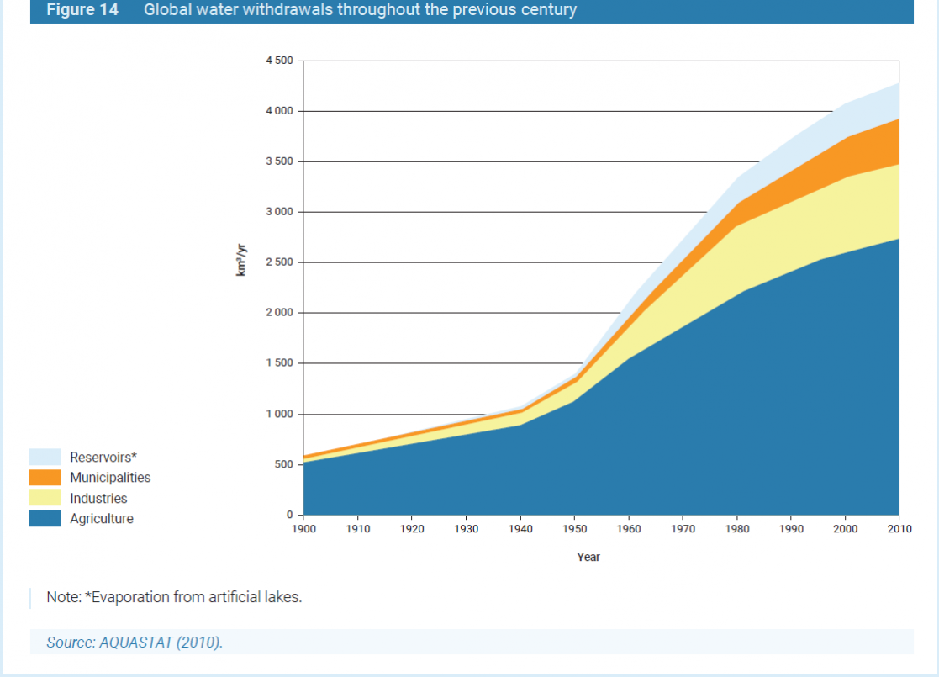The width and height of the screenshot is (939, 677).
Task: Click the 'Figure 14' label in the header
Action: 82,10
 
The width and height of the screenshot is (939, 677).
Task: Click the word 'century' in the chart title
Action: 548,10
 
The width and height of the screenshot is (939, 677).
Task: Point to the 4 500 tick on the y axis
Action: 279,61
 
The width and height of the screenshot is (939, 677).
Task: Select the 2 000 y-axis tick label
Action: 279,313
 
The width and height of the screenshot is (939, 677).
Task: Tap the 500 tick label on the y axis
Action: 284,464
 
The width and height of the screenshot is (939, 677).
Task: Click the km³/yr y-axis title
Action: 241,262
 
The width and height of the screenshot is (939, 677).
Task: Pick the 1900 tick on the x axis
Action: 303,529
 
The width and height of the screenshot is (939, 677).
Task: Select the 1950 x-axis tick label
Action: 574,529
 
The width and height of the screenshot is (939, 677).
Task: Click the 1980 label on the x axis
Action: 737,529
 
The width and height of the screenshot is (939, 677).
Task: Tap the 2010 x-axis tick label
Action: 899,529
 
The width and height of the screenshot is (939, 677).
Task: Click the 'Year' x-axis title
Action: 588,557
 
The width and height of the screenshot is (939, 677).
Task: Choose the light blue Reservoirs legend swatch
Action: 45,457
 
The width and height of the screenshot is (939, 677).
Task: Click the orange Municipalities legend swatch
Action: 45,478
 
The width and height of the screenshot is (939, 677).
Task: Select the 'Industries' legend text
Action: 98,499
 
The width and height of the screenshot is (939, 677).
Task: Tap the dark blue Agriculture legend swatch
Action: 45,519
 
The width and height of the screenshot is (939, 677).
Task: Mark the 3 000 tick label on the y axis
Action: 279,212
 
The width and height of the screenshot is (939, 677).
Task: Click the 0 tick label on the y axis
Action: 288,515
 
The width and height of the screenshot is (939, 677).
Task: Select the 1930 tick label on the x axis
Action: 466,529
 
